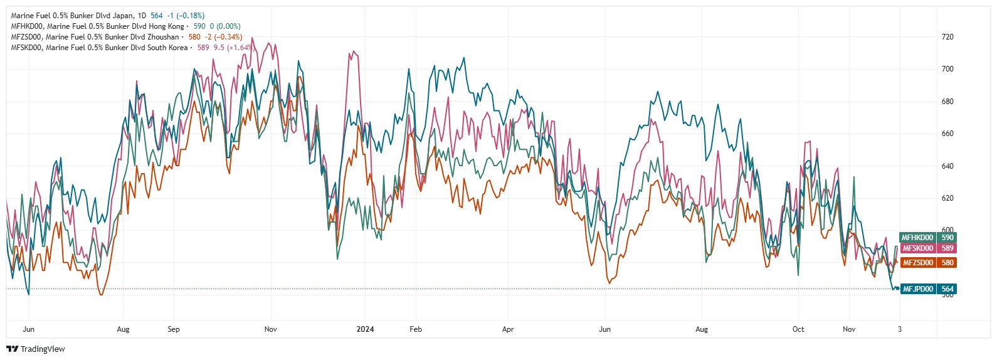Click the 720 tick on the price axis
click(947, 37)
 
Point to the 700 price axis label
click(947, 69)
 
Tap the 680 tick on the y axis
click(947, 102)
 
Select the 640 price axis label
click(947, 166)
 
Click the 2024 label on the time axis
click(365, 329)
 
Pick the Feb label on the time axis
click(415, 329)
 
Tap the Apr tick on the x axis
click(508, 329)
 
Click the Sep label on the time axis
click(174, 329)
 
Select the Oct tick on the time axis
click(798, 329)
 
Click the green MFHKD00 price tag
click(927, 238)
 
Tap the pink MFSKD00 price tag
click(927, 248)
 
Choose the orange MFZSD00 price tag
click(927, 263)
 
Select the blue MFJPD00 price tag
click(928, 289)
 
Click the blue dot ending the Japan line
click(898, 289)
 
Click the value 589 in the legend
click(203, 48)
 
